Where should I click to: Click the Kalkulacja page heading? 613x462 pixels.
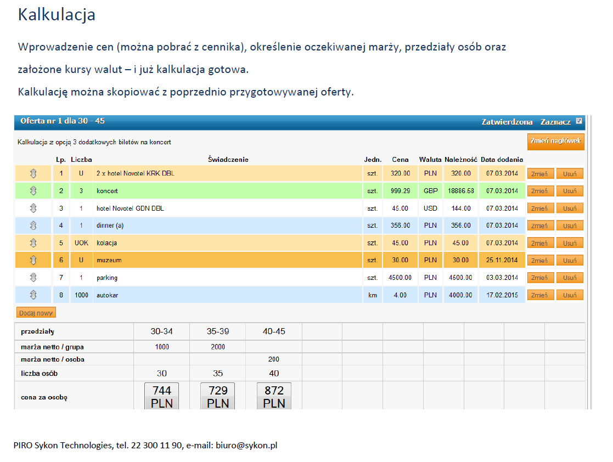pyautogui.click(x=57, y=15)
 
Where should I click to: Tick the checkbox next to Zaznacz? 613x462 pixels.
pyautogui.click(x=579, y=121)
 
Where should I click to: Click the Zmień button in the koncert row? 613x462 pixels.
pyautogui.click(x=540, y=191)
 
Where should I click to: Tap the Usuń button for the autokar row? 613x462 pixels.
pyautogui.click(x=570, y=295)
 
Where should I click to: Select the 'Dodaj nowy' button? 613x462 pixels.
pyautogui.click(x=36, y=313)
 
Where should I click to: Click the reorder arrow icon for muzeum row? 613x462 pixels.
pyautogui.click(x=33, y=260)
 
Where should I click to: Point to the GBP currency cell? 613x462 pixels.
pyautogui.click(x=430, y=191)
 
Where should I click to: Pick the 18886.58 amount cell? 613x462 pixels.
pyautogui.click(x=461, y=191)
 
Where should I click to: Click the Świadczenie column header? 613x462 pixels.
pyautogui.click(x=228, y=160)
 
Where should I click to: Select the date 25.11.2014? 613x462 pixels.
pyautogui.click(x=502, y=260)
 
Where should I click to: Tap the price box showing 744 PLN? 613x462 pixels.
pyautogui.click(x=162, y=396)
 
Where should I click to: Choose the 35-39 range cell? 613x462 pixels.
pyautogui.click(x=218, y=331)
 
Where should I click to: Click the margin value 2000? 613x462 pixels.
pyautogui.click(x=218, y=347)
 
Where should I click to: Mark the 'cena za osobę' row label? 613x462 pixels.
pyautogui.click(x=44, y=397)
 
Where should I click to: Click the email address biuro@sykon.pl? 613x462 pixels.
pyautogui.click(x=246, y=445)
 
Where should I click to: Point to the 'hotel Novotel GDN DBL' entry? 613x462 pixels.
pyautogui.click(x=130, y=209)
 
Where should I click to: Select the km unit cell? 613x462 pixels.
pyautogui.click(x=373, y=295)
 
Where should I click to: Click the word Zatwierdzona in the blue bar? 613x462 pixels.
pyautogui.click(x=507, y=122)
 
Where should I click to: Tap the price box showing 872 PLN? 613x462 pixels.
pyautogui.click(x=274, y=396)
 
